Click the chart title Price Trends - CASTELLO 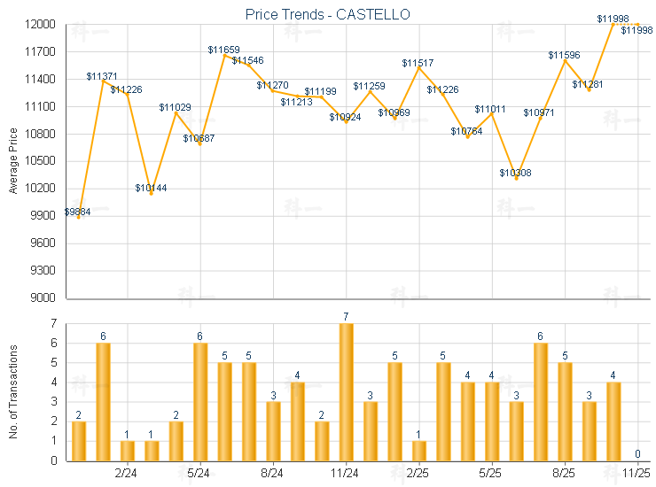(327, 14)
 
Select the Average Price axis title (12, 161)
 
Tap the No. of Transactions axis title (12, 390)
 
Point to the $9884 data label (76, 212)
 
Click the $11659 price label (223, 50)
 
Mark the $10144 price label (151, 188)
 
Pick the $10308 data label (515, 173)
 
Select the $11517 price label (418, 63)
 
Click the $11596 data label (564, 55)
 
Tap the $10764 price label (466, 131)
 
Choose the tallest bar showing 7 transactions (346, 391)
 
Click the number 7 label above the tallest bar (346, 316)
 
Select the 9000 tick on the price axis (43, 298)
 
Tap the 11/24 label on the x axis (346, 474)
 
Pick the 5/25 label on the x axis (491, 474)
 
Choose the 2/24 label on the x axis (127, 474)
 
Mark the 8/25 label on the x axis (564, 474)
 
